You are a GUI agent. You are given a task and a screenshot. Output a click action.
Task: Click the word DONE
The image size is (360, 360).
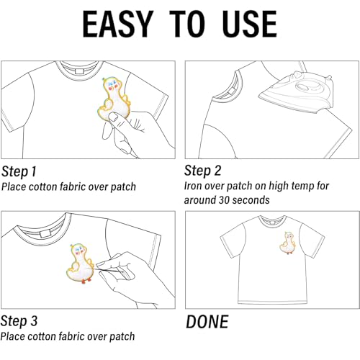pos(207,321)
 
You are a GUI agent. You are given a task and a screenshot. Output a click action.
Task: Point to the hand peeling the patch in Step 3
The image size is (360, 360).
pos(126,270)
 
